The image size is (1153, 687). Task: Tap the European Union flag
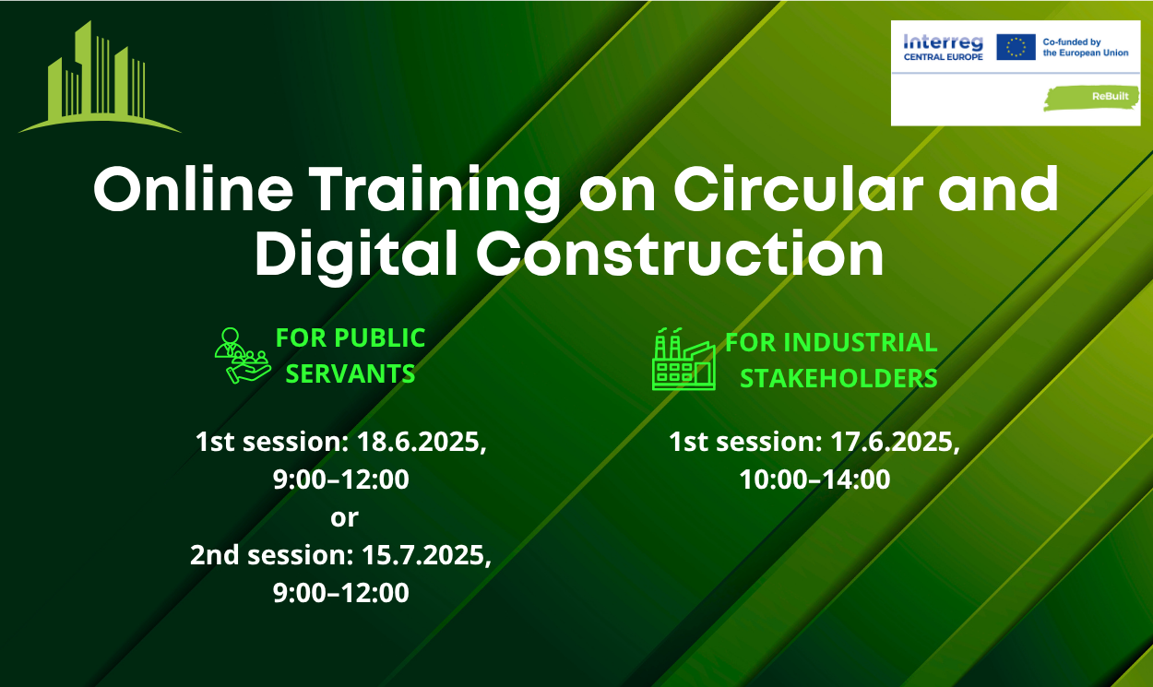[x=1016, y=47]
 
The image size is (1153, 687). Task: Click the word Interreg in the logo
[x=943, y=42]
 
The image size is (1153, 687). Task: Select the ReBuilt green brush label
[x=1091, y=99]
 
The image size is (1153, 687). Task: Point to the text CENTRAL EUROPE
[x=943, y=57]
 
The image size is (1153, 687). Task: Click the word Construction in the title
[x=681, y=254]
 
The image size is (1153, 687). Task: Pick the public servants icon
[x=243, y=356]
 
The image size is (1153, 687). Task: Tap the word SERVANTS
[x=350, y=373]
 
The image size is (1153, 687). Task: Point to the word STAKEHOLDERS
[x=838, y=378]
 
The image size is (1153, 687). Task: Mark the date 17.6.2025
[x=895, y=442]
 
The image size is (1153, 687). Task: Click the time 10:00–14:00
[x=814, y=480]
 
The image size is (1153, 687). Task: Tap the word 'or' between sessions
[x=344, y=518]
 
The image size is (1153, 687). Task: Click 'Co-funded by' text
[x=1072, y=42]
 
